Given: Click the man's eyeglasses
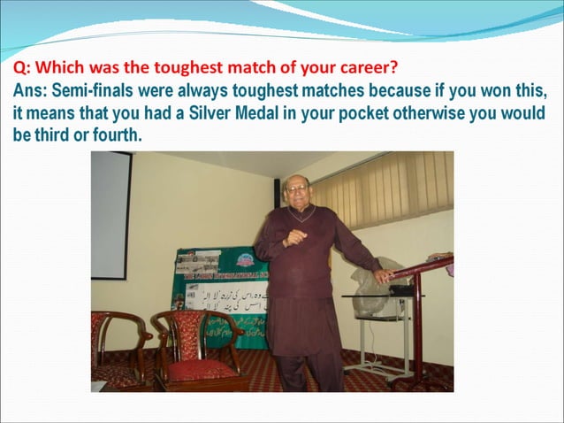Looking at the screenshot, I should click(298, 189).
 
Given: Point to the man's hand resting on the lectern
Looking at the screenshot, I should click(381, 275).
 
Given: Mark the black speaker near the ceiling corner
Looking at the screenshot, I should click(277, 189).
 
